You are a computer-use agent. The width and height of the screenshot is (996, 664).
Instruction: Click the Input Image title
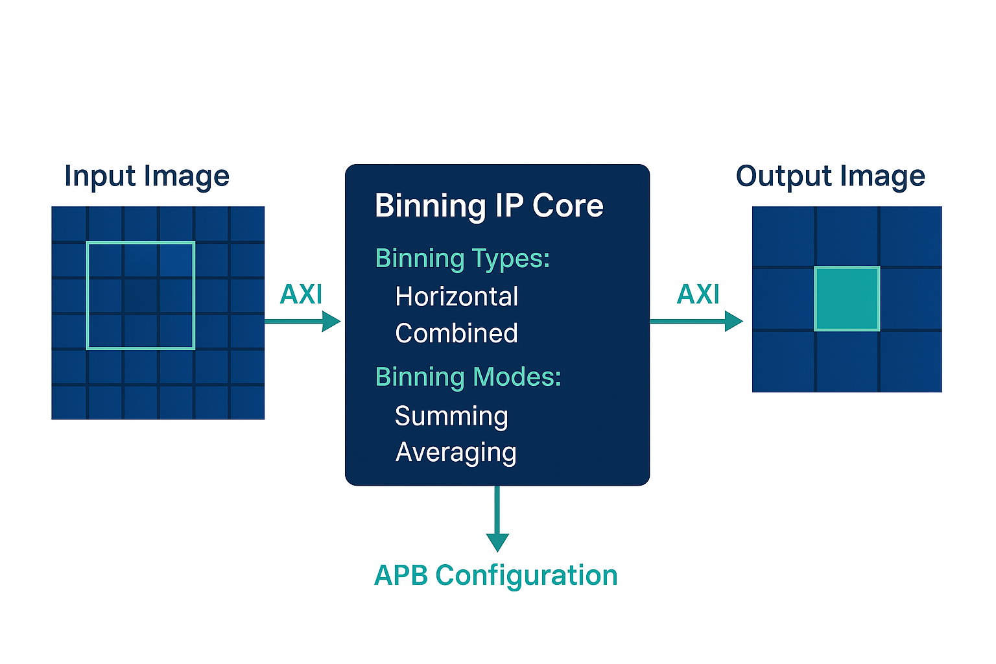(147, 176)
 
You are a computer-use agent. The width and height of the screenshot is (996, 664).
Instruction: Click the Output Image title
(830, 176)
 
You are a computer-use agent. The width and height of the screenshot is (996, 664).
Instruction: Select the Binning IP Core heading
(489, 206)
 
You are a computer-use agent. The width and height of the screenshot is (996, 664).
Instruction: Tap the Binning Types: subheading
(462, 259)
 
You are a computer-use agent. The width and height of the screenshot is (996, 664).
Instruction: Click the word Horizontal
(456, 297)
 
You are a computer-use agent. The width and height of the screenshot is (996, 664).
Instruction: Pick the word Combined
(456, 334)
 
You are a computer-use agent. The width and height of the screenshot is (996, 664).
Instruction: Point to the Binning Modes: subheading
(468, 377)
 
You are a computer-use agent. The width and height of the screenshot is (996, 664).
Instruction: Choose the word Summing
(451, 416)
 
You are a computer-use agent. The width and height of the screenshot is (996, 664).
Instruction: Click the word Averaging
(456, 453)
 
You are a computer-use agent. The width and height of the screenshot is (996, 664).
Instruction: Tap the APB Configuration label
(496, 576)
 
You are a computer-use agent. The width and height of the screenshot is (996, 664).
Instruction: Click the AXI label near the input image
(301, 295)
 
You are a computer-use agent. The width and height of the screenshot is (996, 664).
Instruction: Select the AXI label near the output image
(698, 295)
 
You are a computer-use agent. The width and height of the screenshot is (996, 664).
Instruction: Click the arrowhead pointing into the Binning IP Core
(331, 321)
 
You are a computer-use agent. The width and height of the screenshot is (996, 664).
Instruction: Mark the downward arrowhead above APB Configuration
(497, 542)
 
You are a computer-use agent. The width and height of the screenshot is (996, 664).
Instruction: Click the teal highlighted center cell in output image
(847, 299)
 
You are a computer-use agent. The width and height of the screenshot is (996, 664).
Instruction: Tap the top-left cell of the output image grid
(783, 236)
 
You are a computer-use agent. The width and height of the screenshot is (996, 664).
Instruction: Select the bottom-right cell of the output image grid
(910, 362)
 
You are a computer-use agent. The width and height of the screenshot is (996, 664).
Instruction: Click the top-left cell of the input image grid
(69, 224)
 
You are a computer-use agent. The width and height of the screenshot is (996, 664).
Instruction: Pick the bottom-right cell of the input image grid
(248, 403)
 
